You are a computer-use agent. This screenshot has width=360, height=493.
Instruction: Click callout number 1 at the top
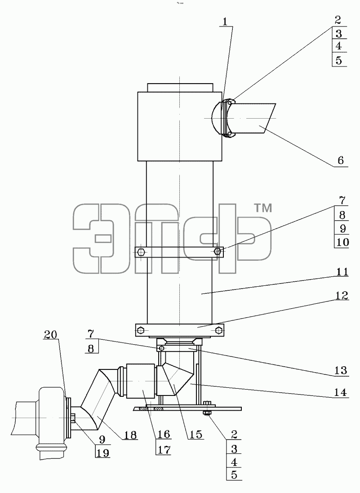(x=225, y=22)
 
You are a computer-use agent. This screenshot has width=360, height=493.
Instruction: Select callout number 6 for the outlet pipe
(x=341, y=160)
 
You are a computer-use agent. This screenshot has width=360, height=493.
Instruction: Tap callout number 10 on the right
(x=342, y=242)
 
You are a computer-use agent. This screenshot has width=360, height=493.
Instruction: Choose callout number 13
(x=341, y=370)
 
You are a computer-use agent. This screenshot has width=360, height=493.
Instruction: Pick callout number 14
(x=341, y=392)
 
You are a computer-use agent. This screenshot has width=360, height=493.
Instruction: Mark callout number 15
(x=196, y=434)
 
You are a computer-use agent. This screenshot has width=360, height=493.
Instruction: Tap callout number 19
(x=103, y=453)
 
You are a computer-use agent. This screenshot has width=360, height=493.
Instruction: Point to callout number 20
(x=51, y=334)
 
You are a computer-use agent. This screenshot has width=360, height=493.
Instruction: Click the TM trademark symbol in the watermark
(x=262, y=208)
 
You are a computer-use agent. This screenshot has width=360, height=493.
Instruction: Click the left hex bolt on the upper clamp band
(x=141, y=252)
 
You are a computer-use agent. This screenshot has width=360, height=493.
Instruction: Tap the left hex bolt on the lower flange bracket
(x=141, y=330)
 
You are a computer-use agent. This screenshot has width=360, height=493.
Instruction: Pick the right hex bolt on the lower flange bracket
(x=219, y=330)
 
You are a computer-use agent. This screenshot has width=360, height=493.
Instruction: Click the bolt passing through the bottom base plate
(x=207, y=409)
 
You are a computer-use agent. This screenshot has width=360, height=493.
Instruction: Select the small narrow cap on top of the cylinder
(x=180, y=87)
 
